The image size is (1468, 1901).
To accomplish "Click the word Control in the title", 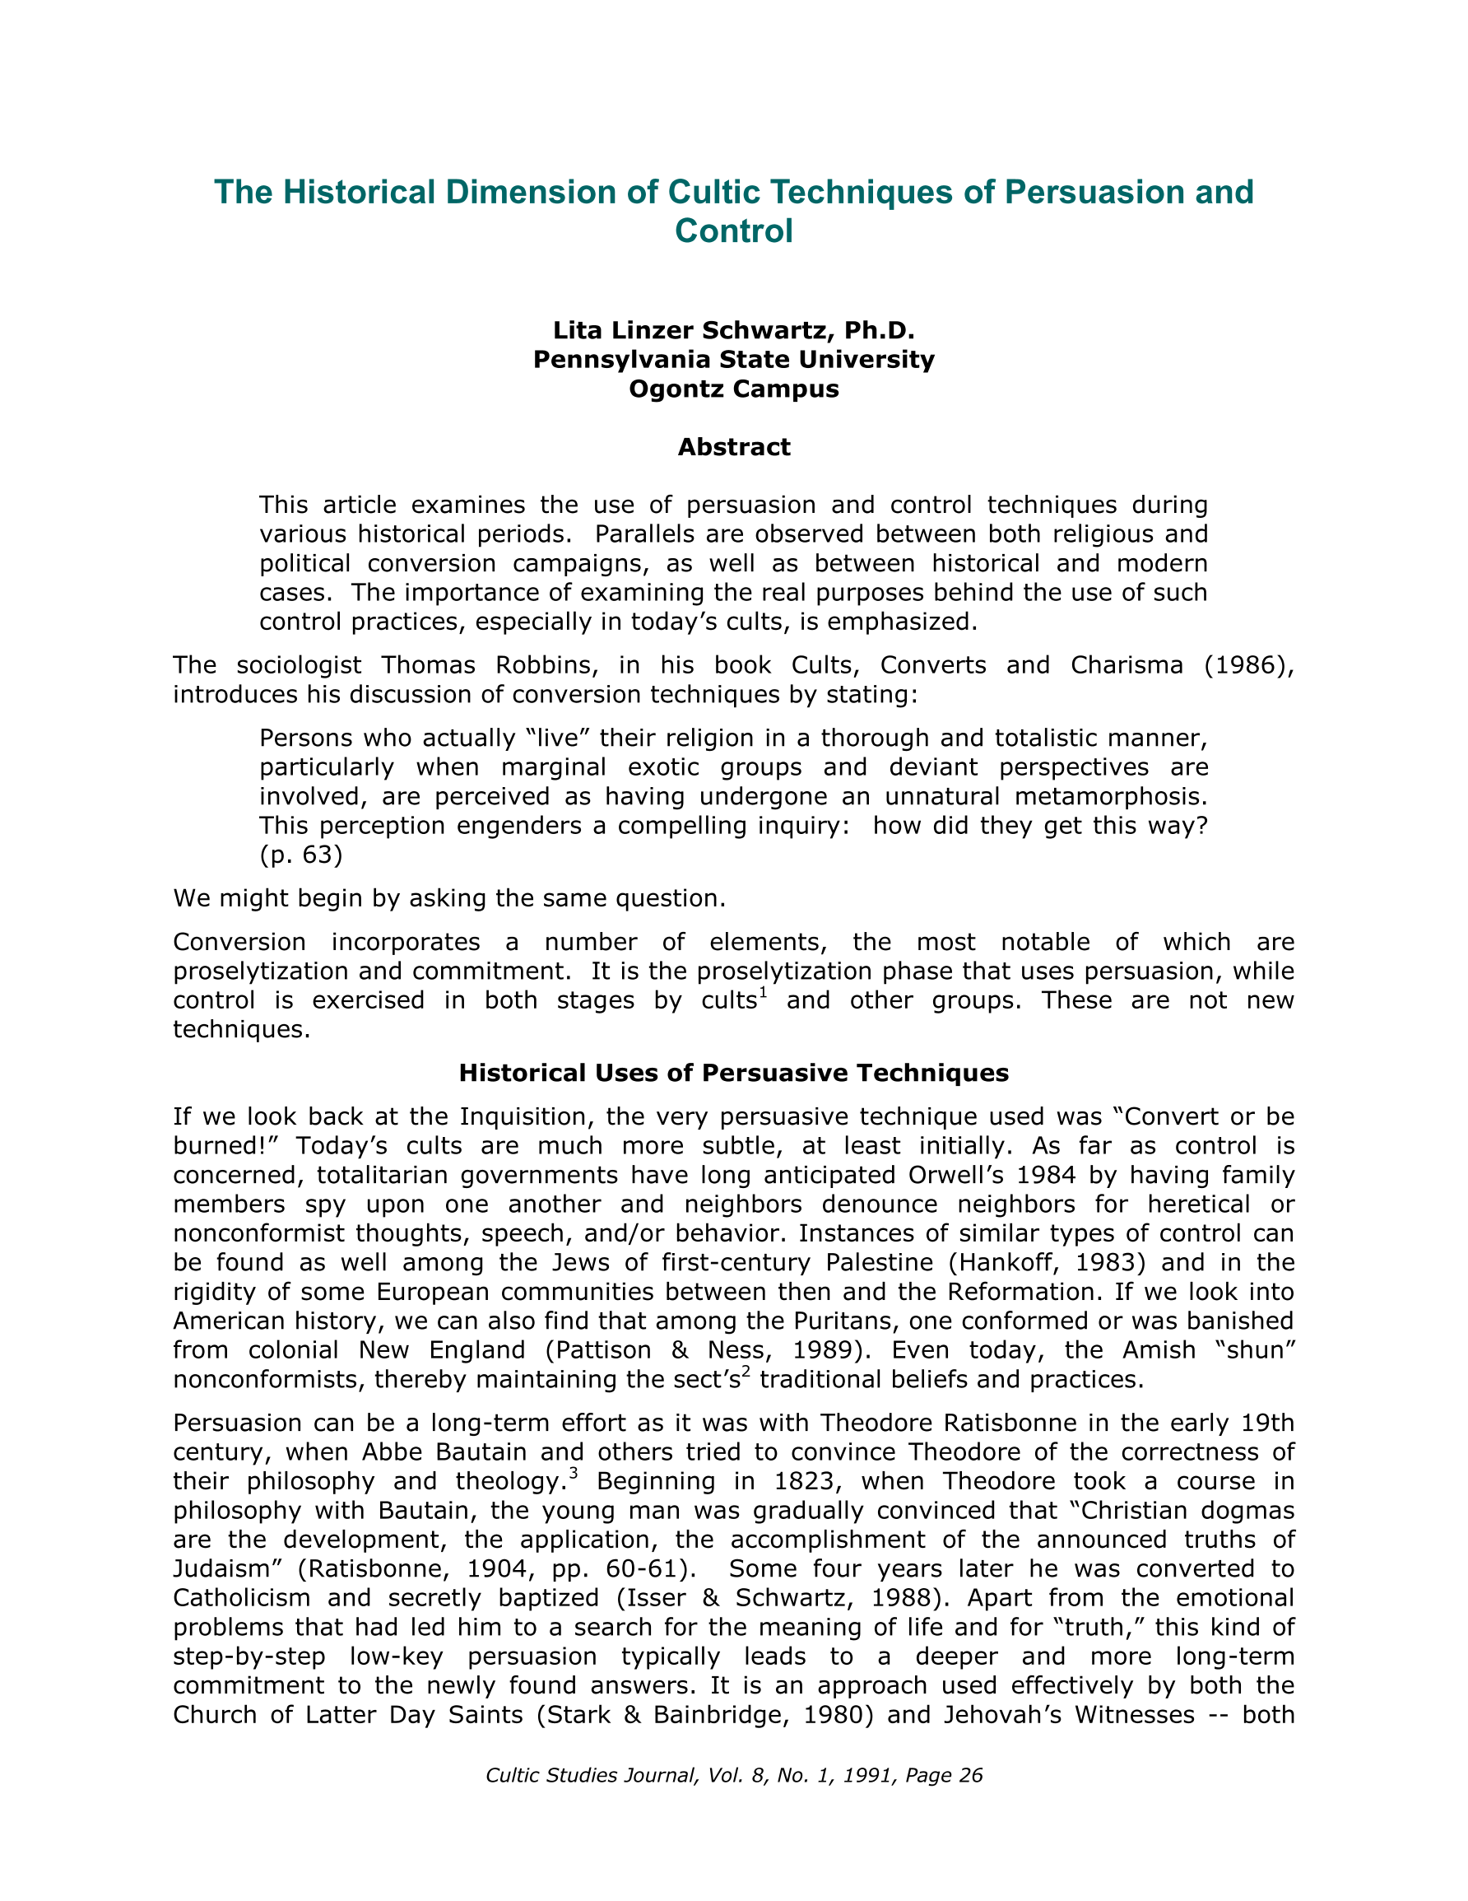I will [733, 231].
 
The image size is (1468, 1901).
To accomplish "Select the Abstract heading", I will [733, 447].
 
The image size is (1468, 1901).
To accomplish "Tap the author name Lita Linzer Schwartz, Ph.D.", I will [733, 331].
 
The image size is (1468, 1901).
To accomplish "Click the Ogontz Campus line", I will [733, 389].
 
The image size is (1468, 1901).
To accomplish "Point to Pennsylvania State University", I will [733, 360].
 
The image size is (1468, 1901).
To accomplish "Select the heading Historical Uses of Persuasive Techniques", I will [733, 1073].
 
